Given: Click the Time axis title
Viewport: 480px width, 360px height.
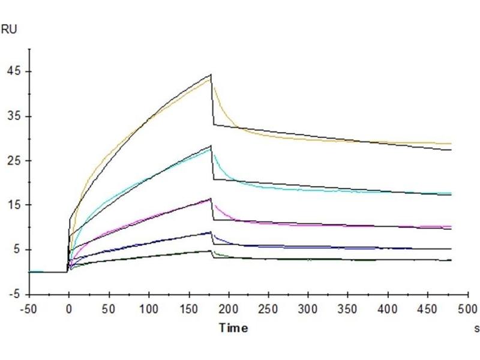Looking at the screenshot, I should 233,328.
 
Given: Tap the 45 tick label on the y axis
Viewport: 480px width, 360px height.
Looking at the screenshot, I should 13,71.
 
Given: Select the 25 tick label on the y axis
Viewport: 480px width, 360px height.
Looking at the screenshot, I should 13,160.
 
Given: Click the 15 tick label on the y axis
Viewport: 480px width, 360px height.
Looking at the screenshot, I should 13,205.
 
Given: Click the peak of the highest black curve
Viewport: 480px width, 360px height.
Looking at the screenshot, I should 211,74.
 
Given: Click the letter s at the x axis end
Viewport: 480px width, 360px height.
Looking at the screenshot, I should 477,328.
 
